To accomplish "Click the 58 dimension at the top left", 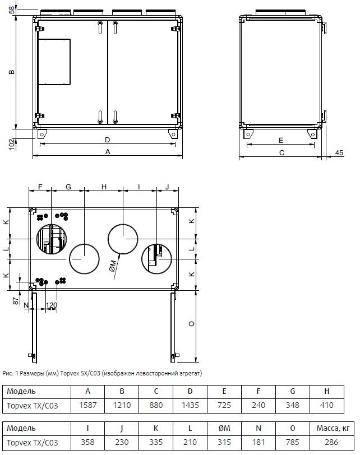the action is [12, 10].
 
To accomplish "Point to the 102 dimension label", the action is [12, 144].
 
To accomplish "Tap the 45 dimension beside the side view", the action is [339, 152].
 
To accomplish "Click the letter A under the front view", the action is [108, 152].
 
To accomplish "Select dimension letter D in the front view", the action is [108, 140].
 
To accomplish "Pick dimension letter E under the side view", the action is [281, 141].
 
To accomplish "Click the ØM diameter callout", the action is [113, 266].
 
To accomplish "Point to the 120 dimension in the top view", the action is [52, 305].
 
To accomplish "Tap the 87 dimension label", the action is [16, 301].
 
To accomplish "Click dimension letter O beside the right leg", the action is [192, 323].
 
